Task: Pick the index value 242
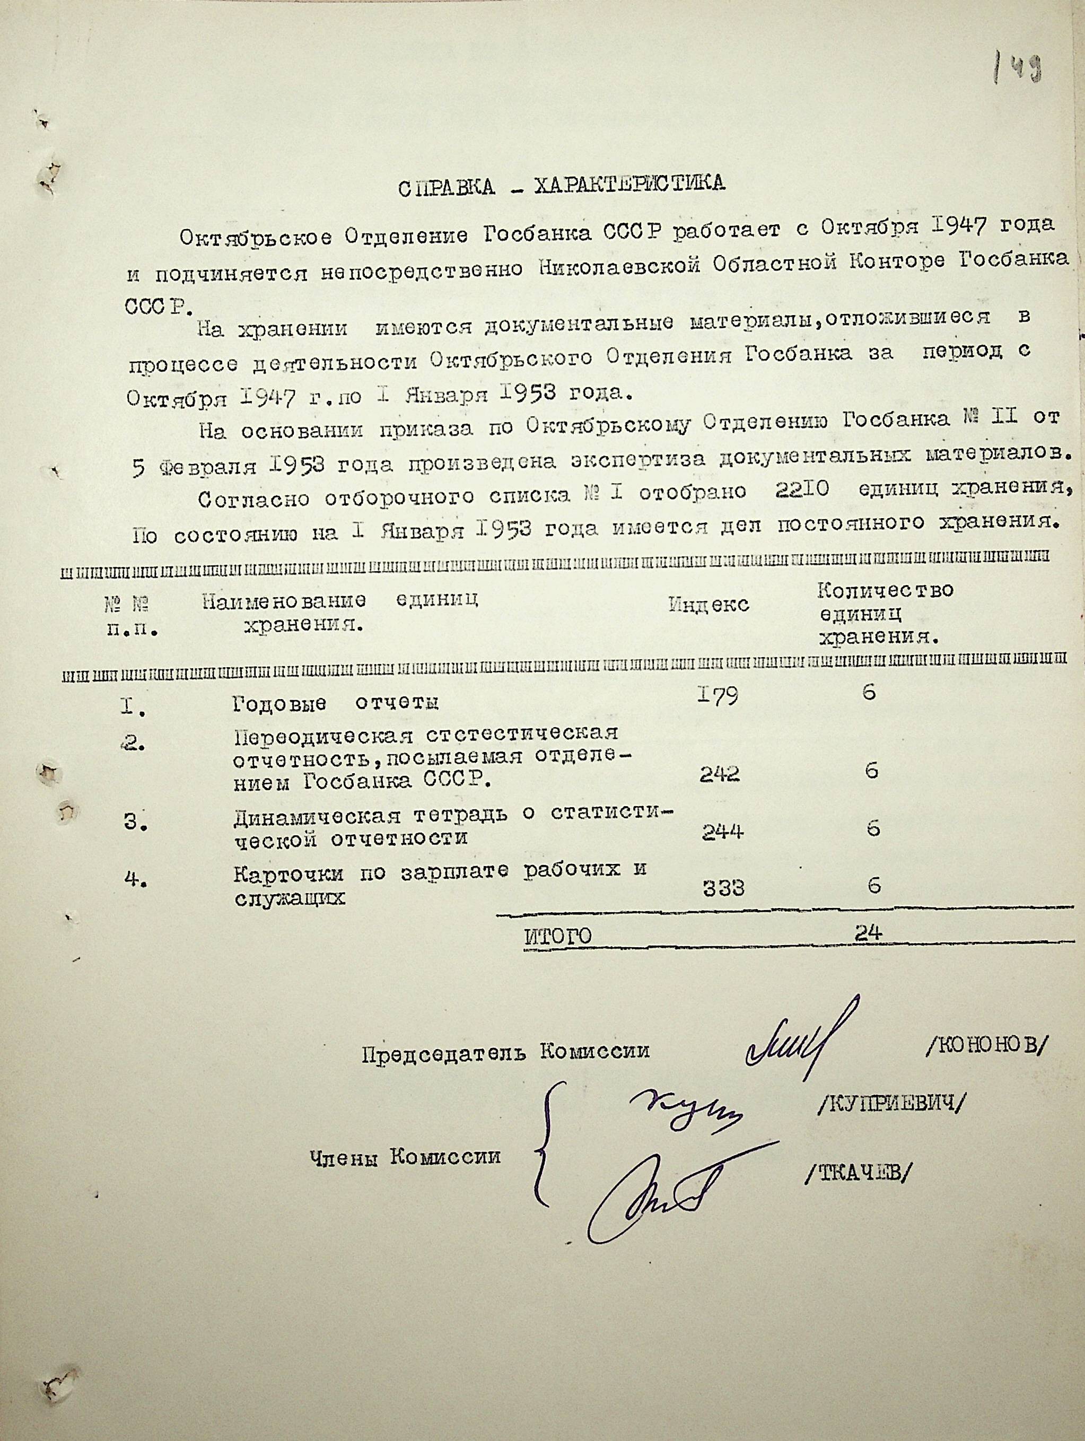(720, 774)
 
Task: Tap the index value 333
(723, 888)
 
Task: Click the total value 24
(868, 933)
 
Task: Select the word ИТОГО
(557, 937)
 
